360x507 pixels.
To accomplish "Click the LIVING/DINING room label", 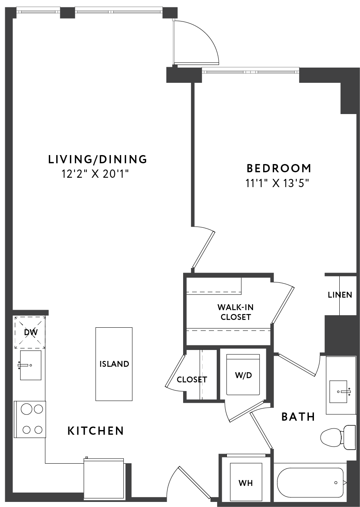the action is tap(98, 159).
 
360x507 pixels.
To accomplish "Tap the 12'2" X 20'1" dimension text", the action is tap(95, 174).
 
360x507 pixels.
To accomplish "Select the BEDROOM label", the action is tap(279, 168).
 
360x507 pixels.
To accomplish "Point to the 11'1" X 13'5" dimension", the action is tap(277, 183).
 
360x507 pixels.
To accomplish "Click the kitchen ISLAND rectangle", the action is tap(114, 364).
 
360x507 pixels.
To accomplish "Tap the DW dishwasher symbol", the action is tap(30, 332).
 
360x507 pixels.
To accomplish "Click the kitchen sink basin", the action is tap(31, 365).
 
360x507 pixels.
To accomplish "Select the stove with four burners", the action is tap(30, 420).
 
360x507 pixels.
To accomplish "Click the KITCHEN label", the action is tap(96, 431).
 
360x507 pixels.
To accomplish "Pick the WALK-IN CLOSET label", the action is tap(235, 312).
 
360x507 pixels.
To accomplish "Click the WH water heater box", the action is tap(246, 482).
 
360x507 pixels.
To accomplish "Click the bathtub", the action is tap(310, 482).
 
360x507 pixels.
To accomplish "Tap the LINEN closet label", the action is tap(340, 295).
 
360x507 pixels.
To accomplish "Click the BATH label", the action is tap(298, 417).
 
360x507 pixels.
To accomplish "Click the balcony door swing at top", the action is tap(196, 42).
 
